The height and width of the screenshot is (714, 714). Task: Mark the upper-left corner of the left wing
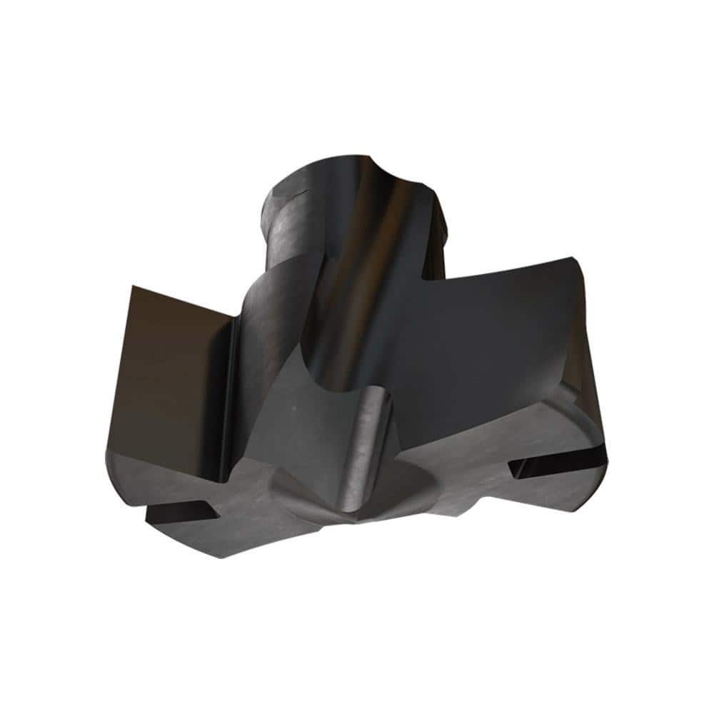pyautogui.click(x=134, y=287)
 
